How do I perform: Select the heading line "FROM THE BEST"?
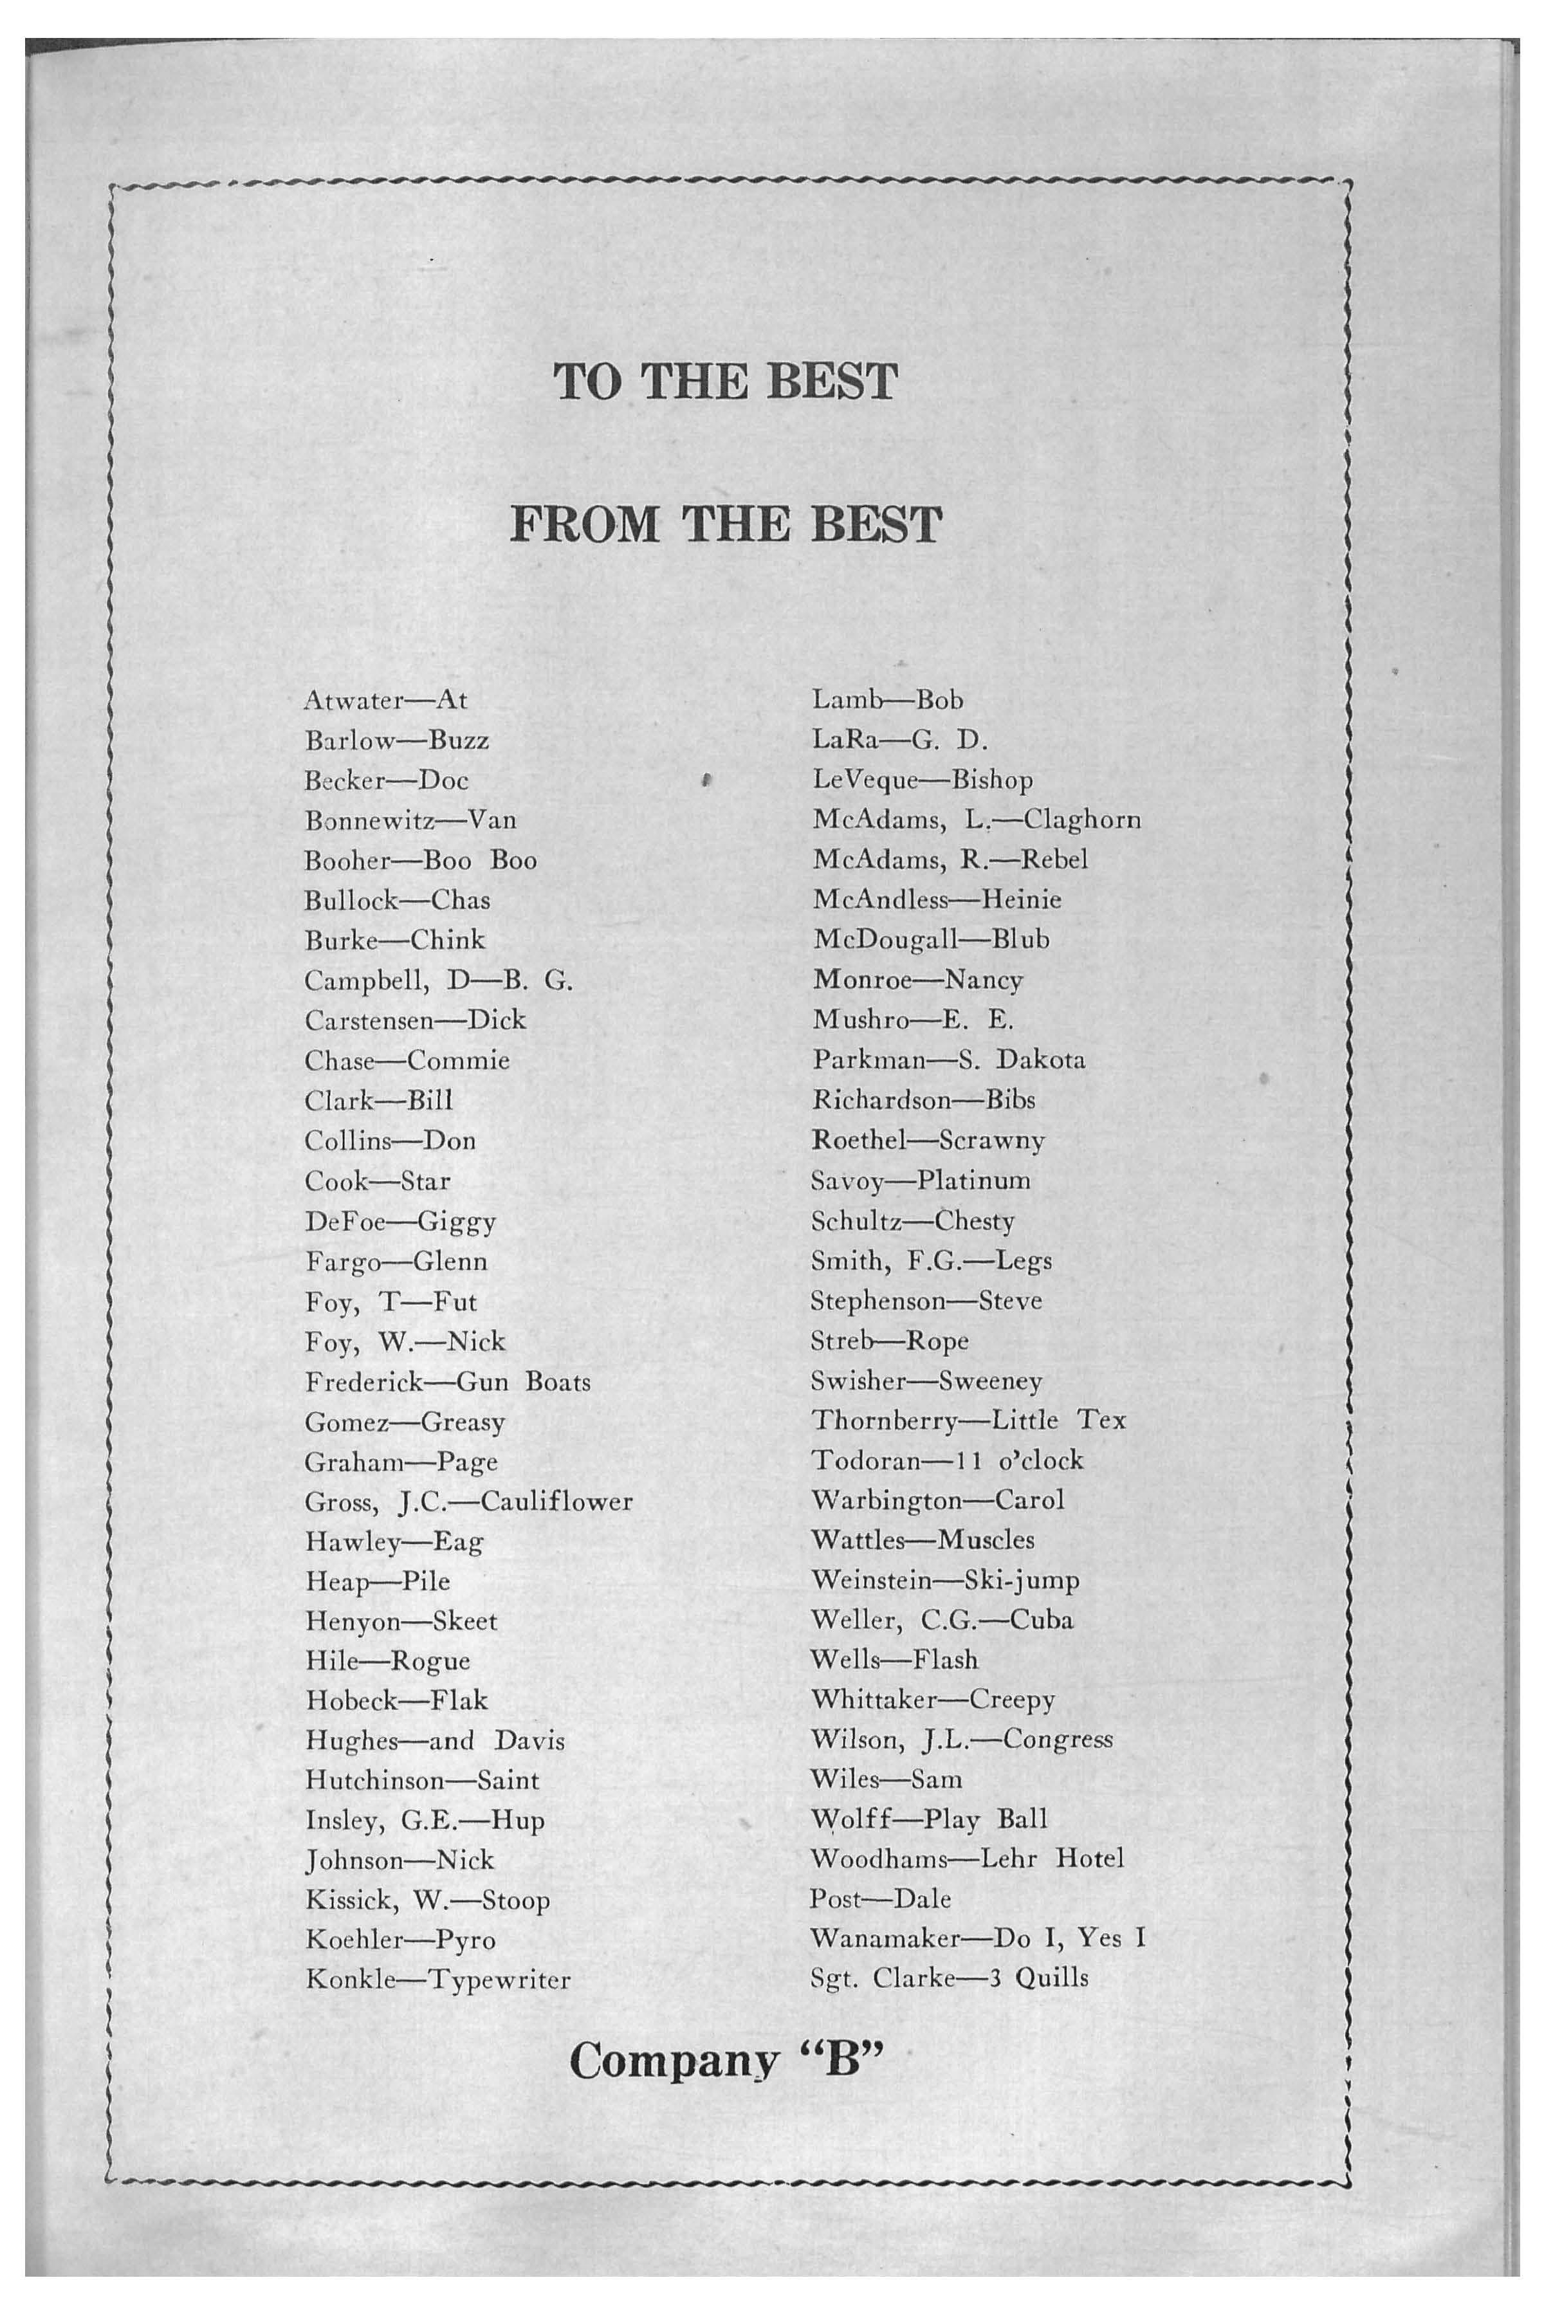point(727,525)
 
